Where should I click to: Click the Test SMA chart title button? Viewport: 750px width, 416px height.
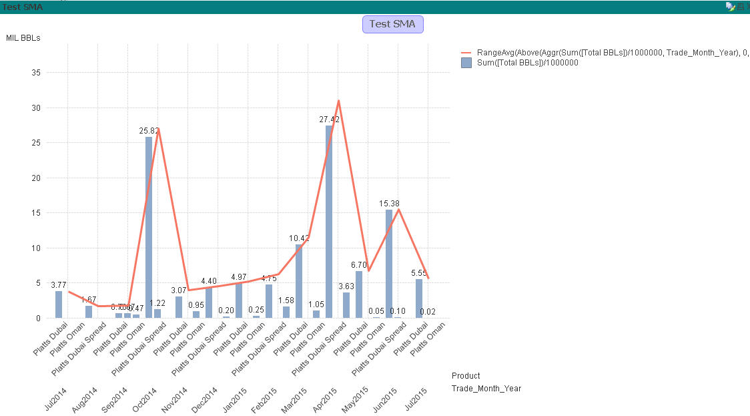[x=392, y=24]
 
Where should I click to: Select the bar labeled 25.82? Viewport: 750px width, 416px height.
[x=149, y=227]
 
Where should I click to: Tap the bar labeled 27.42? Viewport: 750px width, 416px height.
[x=329, y=221]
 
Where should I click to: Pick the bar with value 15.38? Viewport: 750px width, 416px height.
[x=389, y=263]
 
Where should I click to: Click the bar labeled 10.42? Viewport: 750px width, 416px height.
[x=299, y=280]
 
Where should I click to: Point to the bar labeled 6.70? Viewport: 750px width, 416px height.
[x=359, y=294]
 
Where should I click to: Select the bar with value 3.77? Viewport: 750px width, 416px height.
[x=59, y=304]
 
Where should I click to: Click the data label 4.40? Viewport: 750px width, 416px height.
[x=209, y=281]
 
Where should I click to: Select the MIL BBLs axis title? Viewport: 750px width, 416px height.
[x=23, y=38]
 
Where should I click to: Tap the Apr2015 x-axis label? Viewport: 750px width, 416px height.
[x=326, y=399]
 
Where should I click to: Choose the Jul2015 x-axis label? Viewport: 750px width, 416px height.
[x=416, y=399]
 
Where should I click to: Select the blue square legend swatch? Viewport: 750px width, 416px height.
[x=467, y=63]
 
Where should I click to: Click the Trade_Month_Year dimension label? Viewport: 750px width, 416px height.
[x=486, y=388]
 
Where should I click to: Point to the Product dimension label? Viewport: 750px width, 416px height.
[x=465, y=375]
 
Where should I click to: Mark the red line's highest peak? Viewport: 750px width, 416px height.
[x=339, y=101]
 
